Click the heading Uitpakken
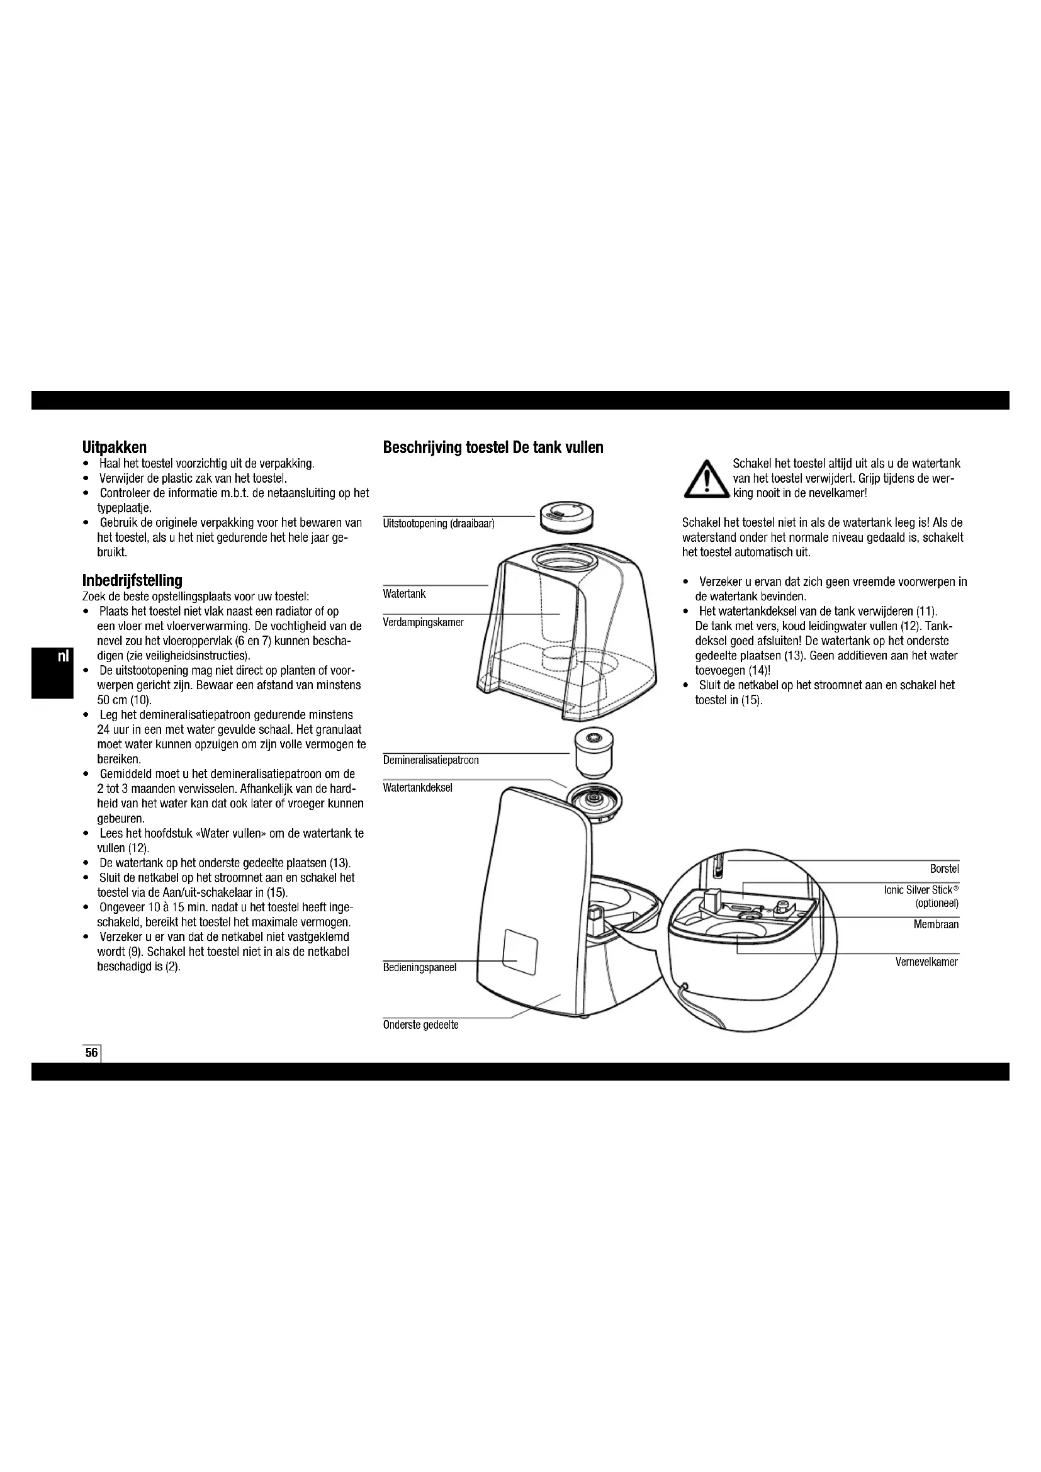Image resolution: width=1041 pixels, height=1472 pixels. (x=115, y=447)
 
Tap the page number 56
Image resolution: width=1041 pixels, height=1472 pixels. (x=92, y=1053)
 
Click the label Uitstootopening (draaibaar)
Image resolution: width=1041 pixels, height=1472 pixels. (x=439, y=524)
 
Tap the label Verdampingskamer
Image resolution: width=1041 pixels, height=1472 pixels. (x=423, y=622)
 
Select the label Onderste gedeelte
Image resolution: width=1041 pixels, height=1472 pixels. (x=420, y=1025)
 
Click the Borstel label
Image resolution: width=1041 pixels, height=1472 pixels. (x=944, y=869)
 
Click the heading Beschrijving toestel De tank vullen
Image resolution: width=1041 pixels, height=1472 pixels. (x=493, y=447)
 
